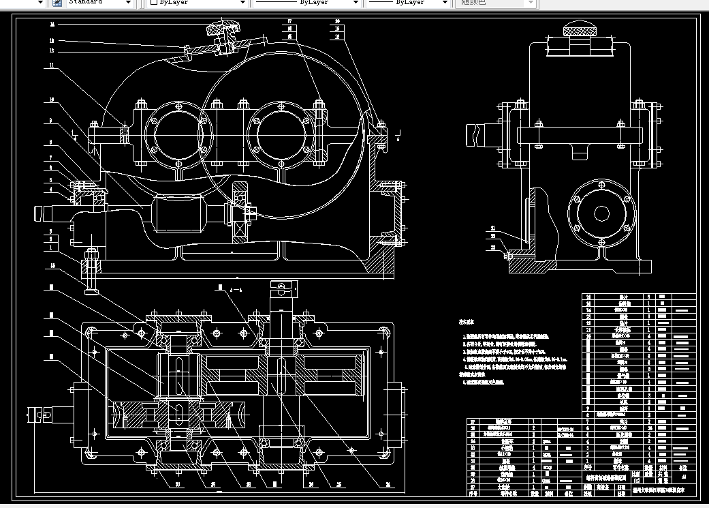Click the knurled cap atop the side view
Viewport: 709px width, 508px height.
click(580, 30)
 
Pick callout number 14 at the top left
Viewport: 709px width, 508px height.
click(52, 24)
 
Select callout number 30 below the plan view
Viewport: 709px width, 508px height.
click(178, 485)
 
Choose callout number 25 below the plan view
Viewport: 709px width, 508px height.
click(338, 485)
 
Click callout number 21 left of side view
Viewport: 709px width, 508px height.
click(494, 228)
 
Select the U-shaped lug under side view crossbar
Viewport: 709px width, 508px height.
click(580, 152)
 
